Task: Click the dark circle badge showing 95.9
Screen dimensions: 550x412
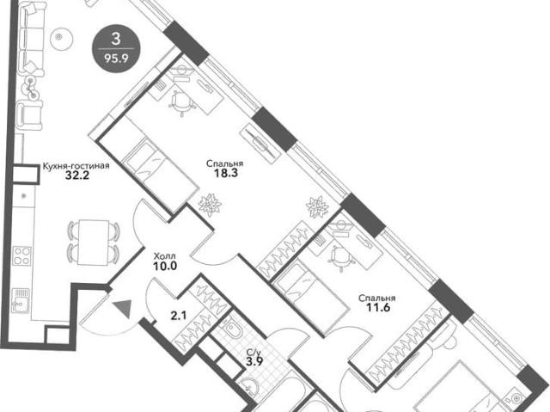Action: (x=116, y=48)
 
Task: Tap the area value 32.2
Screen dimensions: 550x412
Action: (x=77, y=175)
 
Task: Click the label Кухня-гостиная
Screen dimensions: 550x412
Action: (x=76, y=166)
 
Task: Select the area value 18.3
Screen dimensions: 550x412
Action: (x=226, y=173)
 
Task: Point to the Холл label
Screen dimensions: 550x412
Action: (x=165, y=256)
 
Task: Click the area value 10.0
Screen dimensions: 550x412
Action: (x=165, y=266)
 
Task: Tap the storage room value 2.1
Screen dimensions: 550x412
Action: (x=179, y=316)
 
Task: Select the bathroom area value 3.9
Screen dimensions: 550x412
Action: (x=254, y=361)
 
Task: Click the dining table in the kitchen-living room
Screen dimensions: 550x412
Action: (x=94, y=243)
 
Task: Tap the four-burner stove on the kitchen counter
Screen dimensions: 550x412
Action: (x=21, y=255)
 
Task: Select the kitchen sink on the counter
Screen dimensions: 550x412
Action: (x=21, y=300)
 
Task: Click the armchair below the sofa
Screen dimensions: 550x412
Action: (x=31, y=114)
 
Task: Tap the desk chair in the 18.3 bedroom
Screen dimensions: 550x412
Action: (x=181, y=101)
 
